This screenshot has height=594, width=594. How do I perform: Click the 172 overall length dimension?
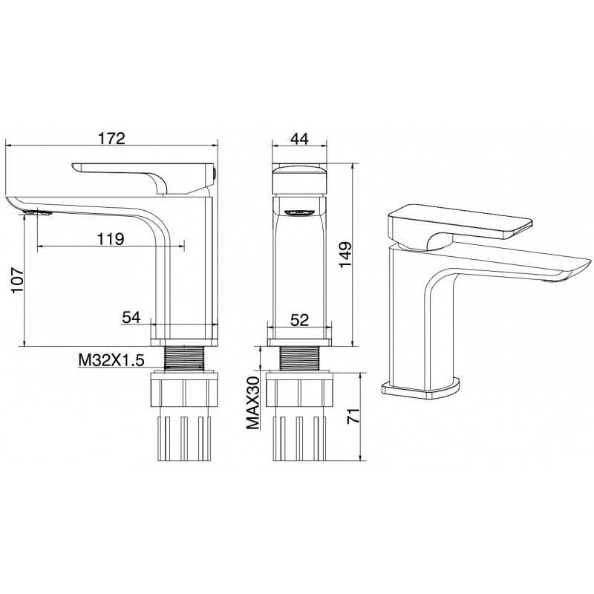(112, 139)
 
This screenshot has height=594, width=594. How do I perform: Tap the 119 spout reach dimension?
(111, 239)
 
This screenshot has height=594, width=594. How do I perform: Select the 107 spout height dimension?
(17, 280)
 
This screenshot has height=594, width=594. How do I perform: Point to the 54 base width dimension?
(131, 317)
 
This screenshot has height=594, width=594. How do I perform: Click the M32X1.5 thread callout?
(111, 360)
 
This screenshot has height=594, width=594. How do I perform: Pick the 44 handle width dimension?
(300, 139)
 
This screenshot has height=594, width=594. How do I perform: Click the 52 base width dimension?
(300, 320)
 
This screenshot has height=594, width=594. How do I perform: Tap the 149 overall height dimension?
(345, 255)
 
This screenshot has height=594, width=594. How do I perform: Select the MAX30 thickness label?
(253, 403)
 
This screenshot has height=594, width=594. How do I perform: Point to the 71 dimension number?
(353, 416)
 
